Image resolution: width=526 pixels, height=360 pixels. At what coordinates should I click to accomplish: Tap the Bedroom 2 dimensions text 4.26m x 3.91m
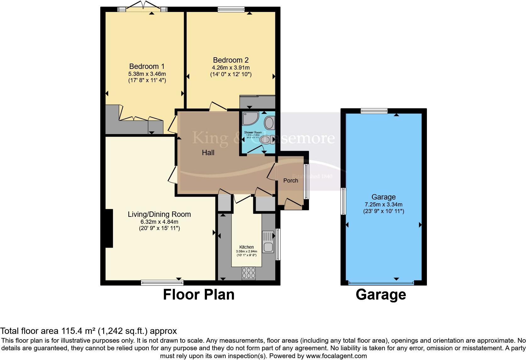click(x=231, y=67)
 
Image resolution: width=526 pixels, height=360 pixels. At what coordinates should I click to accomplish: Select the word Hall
click(x=208, y=153)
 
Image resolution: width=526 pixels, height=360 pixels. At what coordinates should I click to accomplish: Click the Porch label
click(x=290, y=180)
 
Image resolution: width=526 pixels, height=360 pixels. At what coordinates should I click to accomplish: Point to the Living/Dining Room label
click(x=159, y=214)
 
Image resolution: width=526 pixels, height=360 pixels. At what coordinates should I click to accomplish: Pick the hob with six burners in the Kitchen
click(x=249, y=273)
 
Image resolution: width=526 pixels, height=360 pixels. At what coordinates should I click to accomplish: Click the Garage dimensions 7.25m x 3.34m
click(x=383, y=204)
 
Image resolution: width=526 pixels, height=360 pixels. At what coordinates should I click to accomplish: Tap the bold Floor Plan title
click(x=199, y=295)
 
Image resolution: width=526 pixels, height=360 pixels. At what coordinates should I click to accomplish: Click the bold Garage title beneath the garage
click(x=381, y=295)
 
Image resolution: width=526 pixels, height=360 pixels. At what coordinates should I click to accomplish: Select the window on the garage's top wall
click(x=374, y=111)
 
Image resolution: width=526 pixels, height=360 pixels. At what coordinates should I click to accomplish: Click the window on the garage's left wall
click(x=343, y=201)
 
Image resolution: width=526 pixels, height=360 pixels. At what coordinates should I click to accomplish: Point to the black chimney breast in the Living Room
click(x=109, y=228)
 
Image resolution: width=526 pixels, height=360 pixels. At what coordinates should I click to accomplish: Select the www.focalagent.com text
click(x=336, y=356)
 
